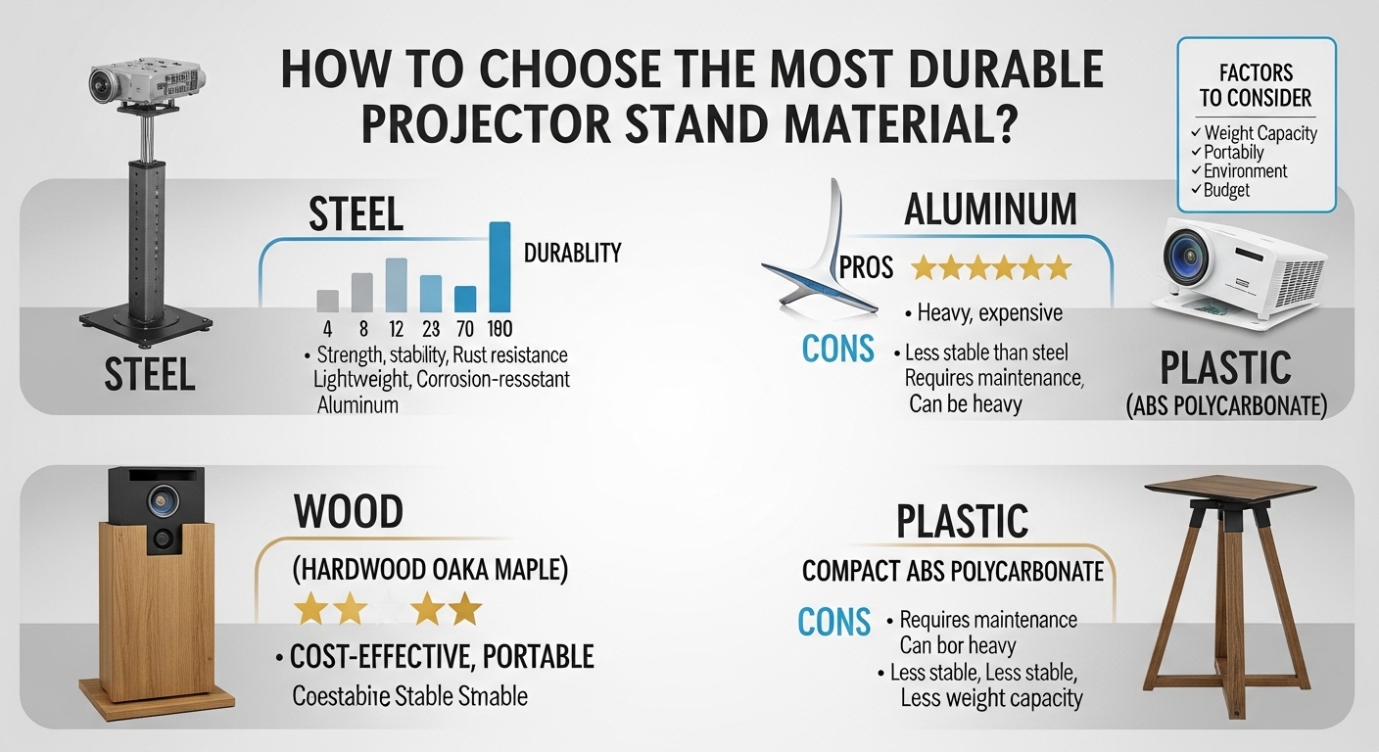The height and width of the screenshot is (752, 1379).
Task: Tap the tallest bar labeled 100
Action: point(499,266)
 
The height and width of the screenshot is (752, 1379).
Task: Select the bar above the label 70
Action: point(466,298)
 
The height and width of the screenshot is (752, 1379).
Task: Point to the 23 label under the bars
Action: point(431,330)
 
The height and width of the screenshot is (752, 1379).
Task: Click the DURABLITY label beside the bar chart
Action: point(572,254)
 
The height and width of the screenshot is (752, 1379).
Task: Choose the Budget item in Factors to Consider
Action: point(1226,189)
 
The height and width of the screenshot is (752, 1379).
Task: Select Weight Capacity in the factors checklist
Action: point(1260,133)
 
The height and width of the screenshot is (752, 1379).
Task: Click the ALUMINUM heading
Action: point(990,210)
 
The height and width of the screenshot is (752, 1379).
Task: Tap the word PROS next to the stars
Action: point(867,267)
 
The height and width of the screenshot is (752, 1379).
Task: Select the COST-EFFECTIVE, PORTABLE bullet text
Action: point(441,656)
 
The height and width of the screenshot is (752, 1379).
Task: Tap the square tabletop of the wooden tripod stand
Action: point(1229,488)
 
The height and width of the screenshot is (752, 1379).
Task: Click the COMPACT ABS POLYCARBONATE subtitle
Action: point(952,571)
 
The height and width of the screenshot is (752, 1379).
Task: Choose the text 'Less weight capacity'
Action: point(991,698)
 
